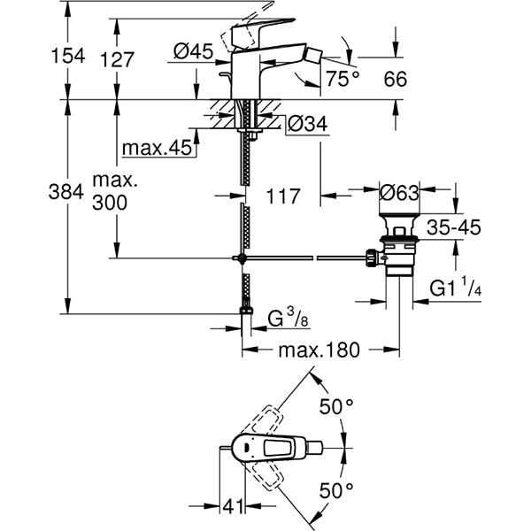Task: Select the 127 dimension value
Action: pyautogui.click(x=116, y=59)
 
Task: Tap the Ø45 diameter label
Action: pyautogui.click(x=194, y=52)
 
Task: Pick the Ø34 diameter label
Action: pyautogui.click(x=307, y=125)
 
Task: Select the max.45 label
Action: pyautogui.click(x=158, y=148)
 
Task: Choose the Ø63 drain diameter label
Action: pyautogui.click(x=399, y=192)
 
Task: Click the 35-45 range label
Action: pyautogui.click(x=452, y=228)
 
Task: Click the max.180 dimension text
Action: pyautogui.click(x=319, y=350)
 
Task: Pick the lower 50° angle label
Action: pyautogui.click(x=336, y=489)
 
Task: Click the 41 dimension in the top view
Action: pyautogui.click(x=233, y=507)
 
